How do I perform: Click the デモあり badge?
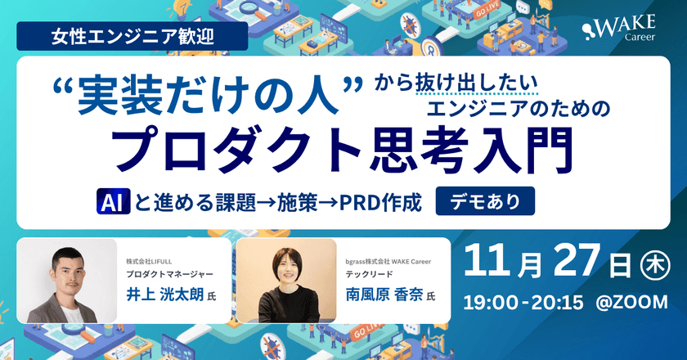tap(486, 200)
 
